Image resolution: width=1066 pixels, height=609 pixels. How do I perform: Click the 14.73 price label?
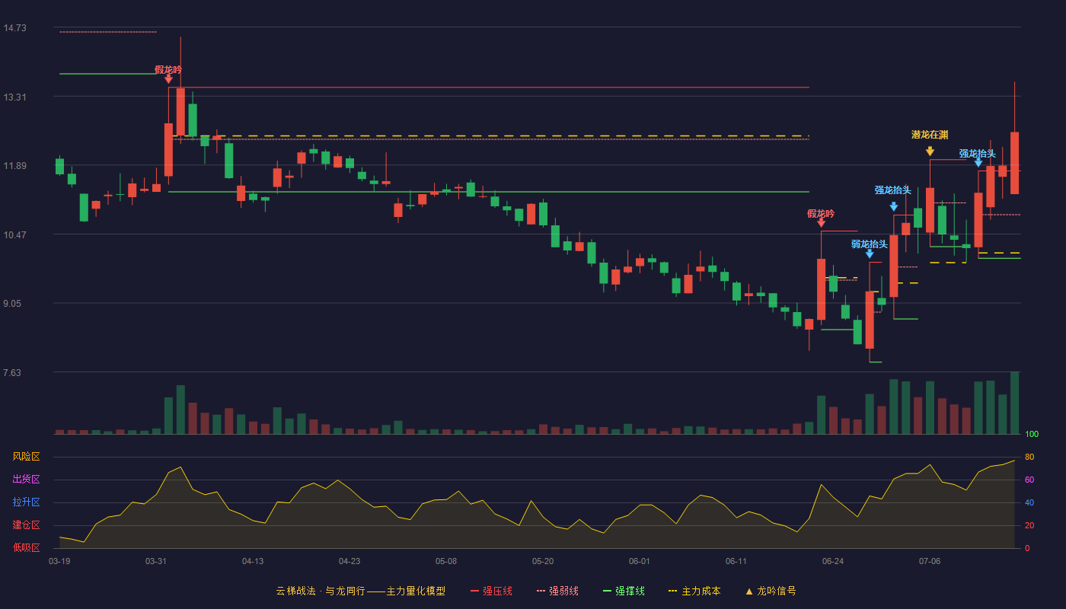click(x=14, y=28)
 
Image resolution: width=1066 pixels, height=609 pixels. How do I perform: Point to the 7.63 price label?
click(x=12, y=372)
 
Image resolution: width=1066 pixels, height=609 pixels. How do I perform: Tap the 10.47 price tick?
click(x=14, y=235)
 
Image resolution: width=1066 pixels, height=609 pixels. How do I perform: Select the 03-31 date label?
click(x=155, y=562)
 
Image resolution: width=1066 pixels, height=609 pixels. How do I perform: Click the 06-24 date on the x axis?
click(x=833, y=562)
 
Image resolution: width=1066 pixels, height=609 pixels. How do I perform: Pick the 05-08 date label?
click(x=446, y=562)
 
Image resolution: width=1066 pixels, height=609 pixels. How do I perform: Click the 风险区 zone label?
click(x=26, y=457)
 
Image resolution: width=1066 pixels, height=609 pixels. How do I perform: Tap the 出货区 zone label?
click(x=26, y=479)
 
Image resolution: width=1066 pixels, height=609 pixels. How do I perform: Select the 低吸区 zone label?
click(x=26, y=547)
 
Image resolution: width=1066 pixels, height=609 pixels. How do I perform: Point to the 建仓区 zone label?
click(x=26, y=525)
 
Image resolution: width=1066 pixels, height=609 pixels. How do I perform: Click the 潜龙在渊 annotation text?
click(x=930, y=136)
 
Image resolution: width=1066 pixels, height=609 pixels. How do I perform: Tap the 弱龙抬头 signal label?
click(x=870, y=244)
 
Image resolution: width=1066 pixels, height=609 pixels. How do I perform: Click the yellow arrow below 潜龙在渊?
click(x=930, y=151)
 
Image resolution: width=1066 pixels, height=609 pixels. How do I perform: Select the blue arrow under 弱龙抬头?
click(x=870, y=254)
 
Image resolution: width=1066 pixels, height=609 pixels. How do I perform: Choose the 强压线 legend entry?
click(x=492, y=591)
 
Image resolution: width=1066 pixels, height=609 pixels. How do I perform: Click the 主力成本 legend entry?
click(x=694, y=591)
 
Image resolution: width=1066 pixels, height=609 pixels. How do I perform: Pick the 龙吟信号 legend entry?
click(x=771, y=591)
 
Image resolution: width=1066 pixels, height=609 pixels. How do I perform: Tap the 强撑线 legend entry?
click(x=624, y=591)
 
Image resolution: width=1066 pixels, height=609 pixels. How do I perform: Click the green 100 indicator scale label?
click(x=1032, y=434)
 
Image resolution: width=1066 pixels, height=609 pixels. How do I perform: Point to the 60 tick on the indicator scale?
click(x=1029, y=480)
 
